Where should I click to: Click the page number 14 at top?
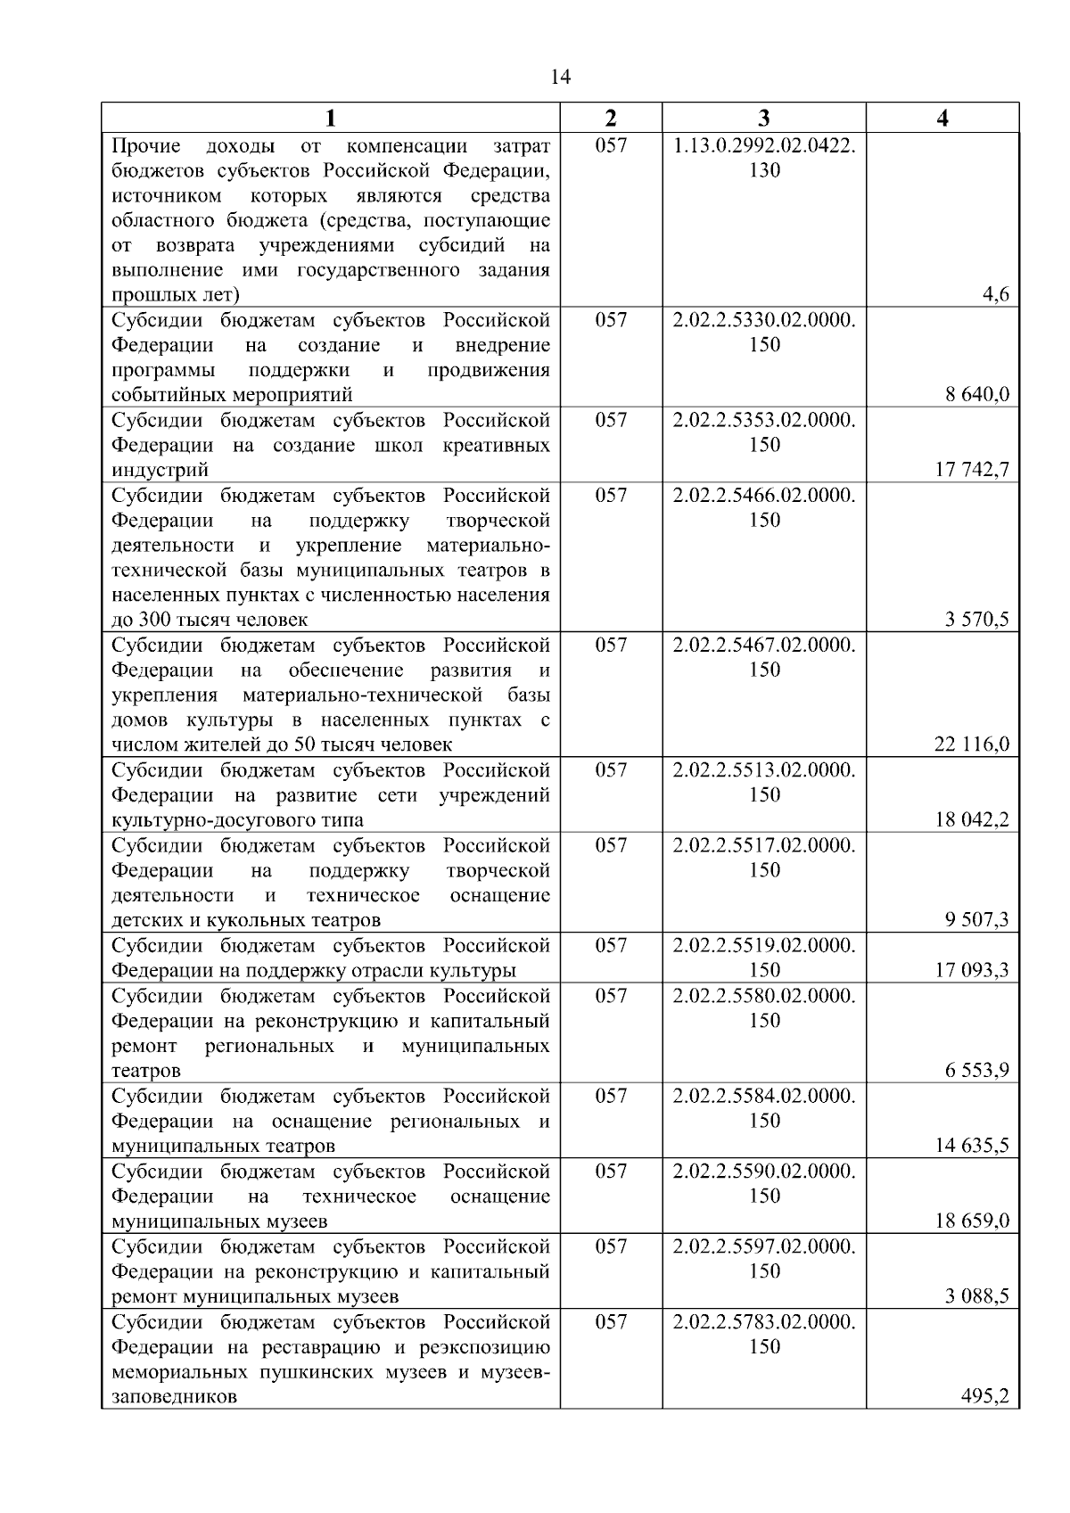click(x=560, y=77)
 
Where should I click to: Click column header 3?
click(x=763, y=118)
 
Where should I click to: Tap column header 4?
click(x=942, y=118)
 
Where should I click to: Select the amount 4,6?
click(x=995, y=294)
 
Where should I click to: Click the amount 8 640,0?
click(x=977, y=394)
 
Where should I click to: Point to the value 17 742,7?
click(x=972, y=469)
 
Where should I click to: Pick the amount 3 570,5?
click(x=977, y=620)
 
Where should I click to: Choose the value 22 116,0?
click(x=972, y=744)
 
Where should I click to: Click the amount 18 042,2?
click(x=972, y=819)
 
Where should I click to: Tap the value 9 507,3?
click(x=977, y=919)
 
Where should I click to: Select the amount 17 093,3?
click(x=972, y=970)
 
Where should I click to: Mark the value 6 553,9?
click(x=977, y=1070)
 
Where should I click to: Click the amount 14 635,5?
click(x=972, y=1145)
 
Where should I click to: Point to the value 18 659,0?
click(x=972, y=1221)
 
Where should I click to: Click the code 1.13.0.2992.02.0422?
click(x=764, y=145)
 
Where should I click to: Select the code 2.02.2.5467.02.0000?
click(x=764, y=645)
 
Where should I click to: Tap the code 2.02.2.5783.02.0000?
click(x=764, y=1321)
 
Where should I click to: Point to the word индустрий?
click(x=160, y=470)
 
